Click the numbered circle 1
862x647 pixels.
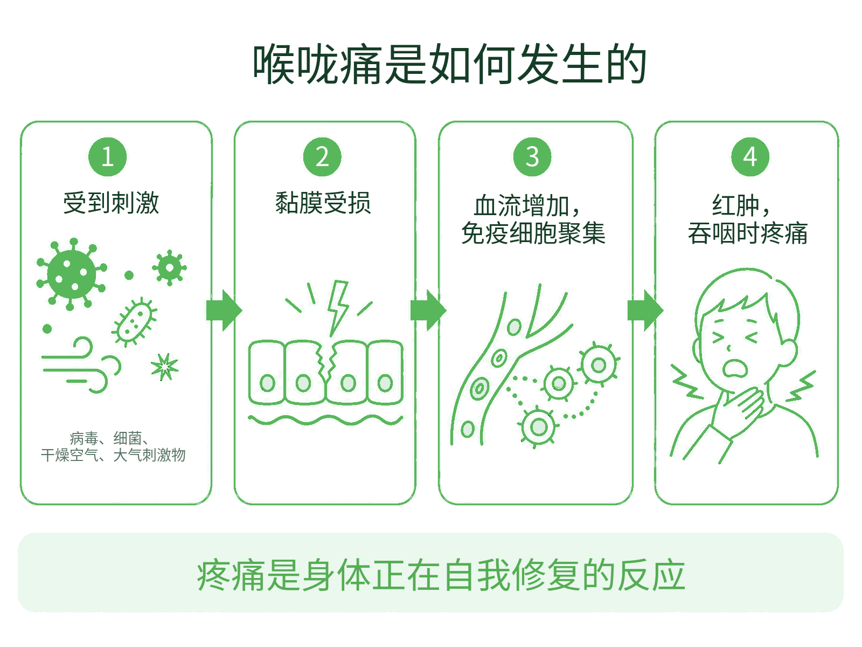(x=108, y=157)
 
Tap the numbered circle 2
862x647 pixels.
(x=322, y=157)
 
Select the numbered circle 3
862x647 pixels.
(x=532, y=157)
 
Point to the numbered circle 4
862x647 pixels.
(x=750, y=157)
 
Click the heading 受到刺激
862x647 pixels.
(x=111, y=203)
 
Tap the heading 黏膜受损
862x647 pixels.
(x=323, y=203)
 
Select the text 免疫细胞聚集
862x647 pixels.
(x=533, y=233)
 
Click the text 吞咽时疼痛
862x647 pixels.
(x=747, y=233)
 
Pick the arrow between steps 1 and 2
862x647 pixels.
(x=224, y=311)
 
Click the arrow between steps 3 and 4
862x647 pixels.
(x=645, y=311)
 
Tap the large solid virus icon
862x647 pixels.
(x=72, y=274)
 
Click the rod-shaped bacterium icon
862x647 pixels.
(x=134, y=322)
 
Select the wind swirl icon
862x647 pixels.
(x=80, y=366)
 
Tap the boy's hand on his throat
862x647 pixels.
(x=738, y=410)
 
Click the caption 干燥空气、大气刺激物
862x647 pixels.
(x=113, y=455)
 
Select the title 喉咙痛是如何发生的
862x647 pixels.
(x=449, y=64)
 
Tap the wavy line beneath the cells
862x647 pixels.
(x=325, y=420)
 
